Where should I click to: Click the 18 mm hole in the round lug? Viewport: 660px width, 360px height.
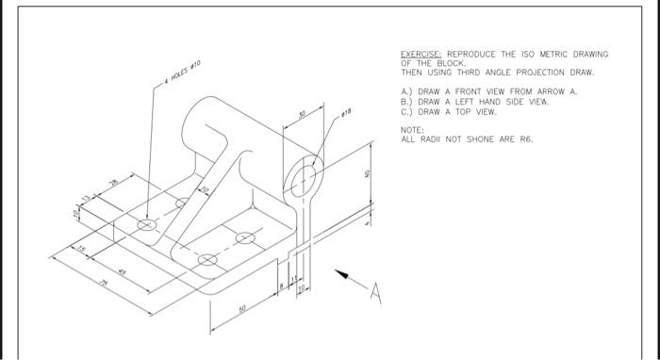[x=305, y=179]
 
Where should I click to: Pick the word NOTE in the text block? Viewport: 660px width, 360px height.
[x=411, y=129]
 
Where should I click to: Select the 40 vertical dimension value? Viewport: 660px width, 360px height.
[x=369, y=174]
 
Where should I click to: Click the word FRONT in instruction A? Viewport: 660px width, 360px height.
[x=464, y=91]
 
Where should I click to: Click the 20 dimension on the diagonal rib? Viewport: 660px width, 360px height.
[x=202, y=191]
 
